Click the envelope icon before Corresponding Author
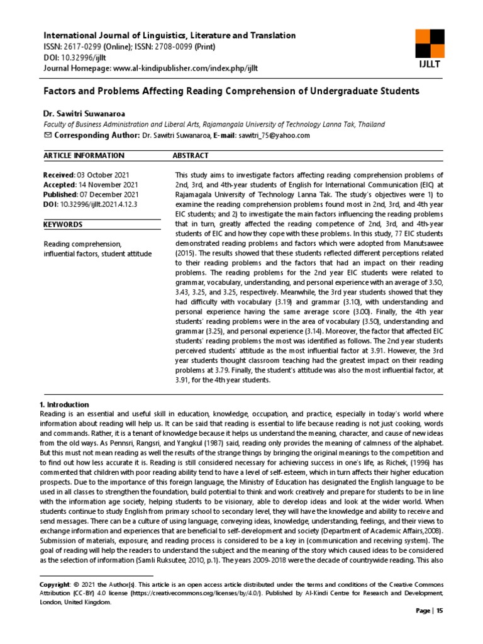click(47, 135)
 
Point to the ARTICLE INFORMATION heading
click(83, 155)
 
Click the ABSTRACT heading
click(191, 155)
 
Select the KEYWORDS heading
click(63, 225)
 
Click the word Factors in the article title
click(61, 91)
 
